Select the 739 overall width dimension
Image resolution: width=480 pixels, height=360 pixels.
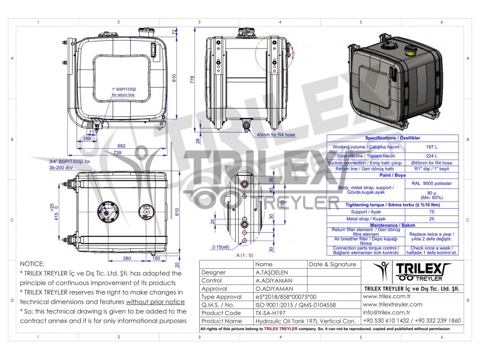click(x=118, y=154)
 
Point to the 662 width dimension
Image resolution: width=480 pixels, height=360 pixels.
click(x=121, y=146)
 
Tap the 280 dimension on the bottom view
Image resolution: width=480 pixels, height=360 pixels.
click(x=127, y=259)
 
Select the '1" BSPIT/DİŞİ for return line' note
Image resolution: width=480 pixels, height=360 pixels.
click(x=123, y=92)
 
